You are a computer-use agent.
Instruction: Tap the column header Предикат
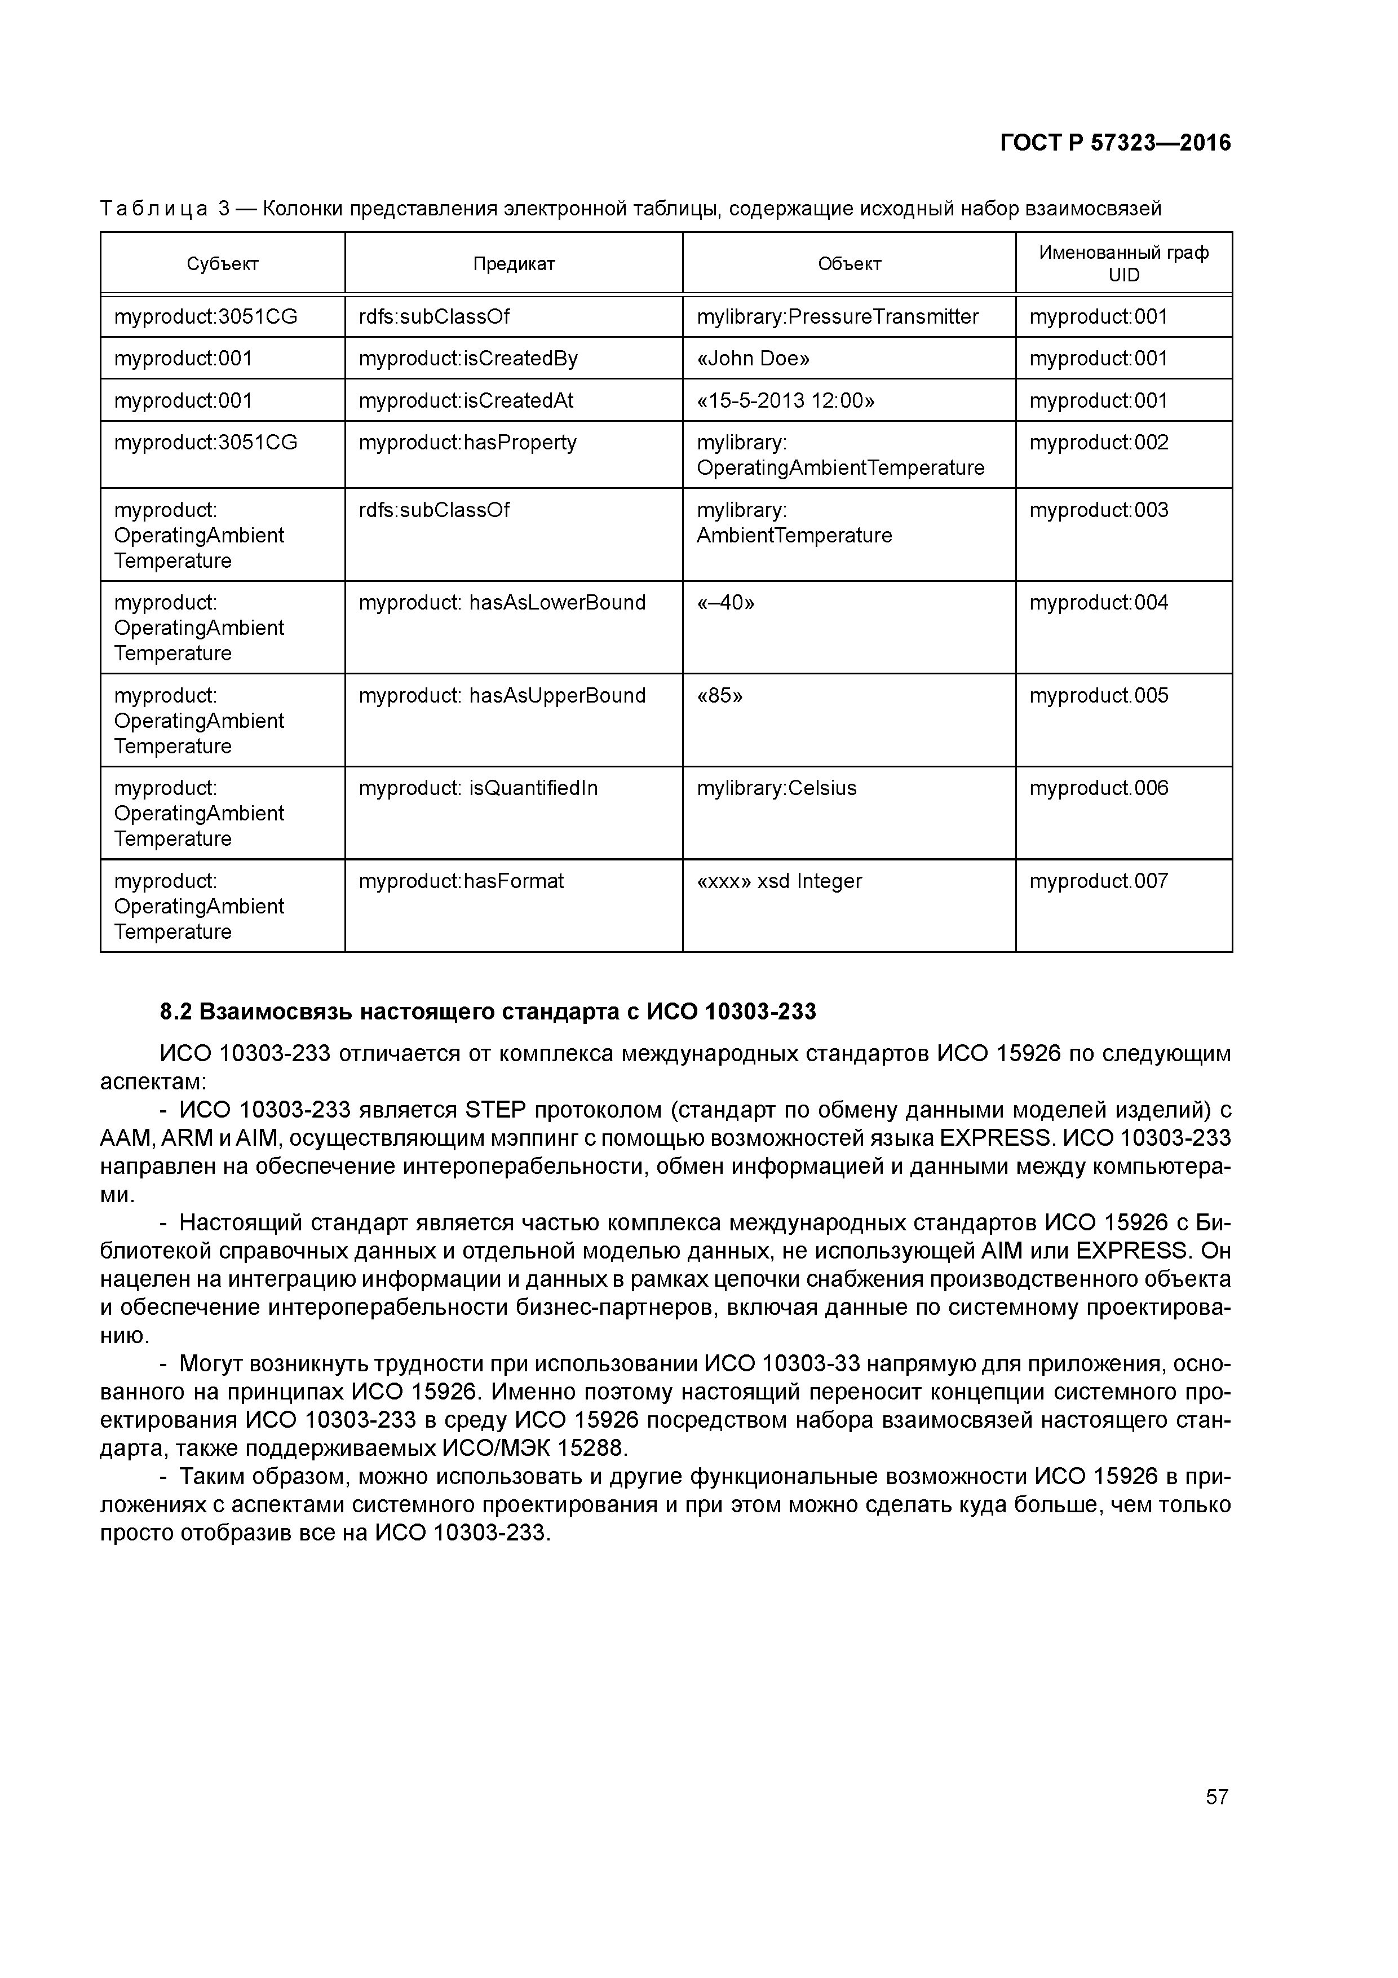(x=514, y=264)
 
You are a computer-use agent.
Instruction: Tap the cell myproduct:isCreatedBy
(x=468, y=359)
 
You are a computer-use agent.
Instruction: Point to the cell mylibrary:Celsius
(x=776, y=788)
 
